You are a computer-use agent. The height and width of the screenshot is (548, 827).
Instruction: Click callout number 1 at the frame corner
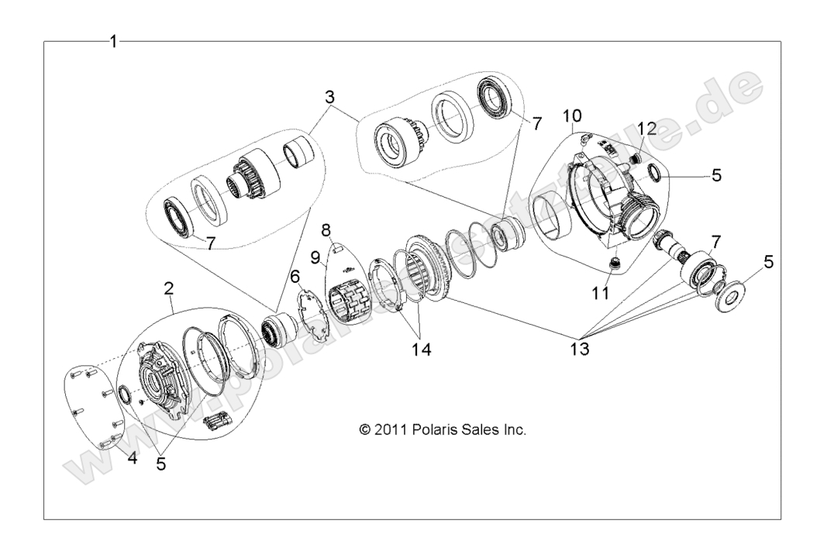[x=114, y=42]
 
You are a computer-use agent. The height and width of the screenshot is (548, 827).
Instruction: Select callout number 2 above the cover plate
[x=168, y=288]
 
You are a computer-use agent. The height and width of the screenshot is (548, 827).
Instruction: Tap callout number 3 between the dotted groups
[x=329, y=98]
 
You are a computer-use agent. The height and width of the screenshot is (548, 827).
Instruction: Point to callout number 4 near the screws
[x=132, y=457]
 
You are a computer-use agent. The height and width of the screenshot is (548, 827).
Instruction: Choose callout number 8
[x=326, y=230]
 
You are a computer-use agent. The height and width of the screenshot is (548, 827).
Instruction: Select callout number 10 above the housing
[x=573, y=116]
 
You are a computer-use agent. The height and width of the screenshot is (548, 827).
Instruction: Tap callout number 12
[x=646, y=127]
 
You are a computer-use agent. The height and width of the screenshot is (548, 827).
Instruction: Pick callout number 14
[x=422, y=349]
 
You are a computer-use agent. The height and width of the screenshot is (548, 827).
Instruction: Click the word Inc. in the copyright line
[x=512, y=429]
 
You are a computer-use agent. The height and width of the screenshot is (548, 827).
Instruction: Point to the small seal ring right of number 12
[x=653, y=172]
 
